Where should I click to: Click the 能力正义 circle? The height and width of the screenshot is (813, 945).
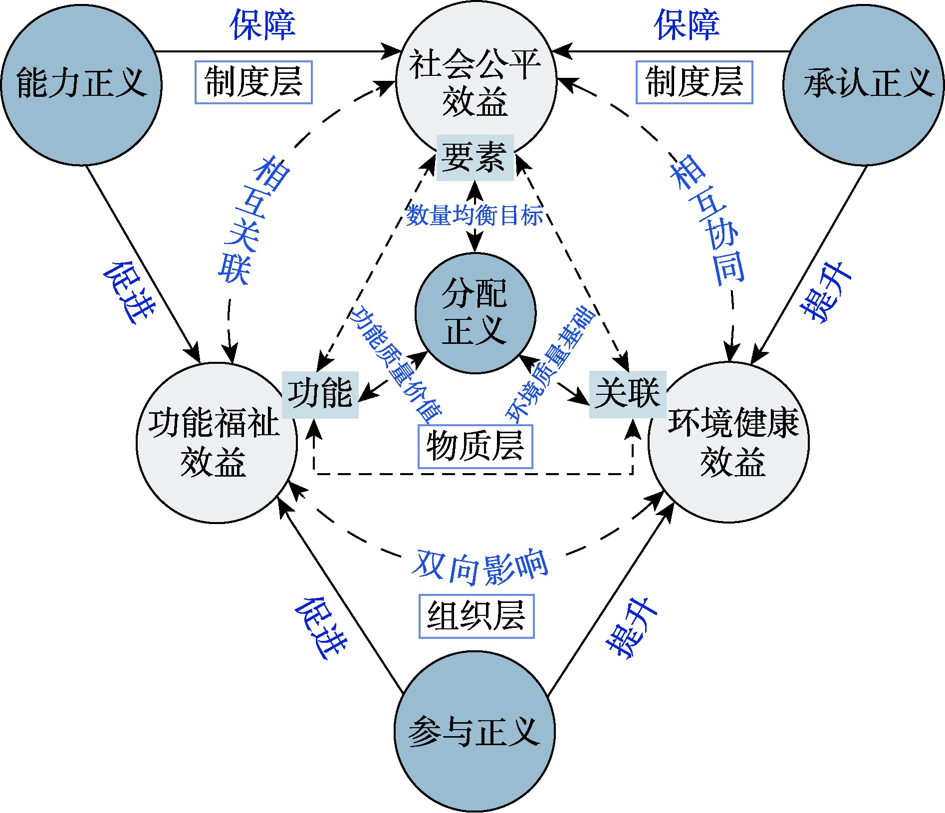click(x=81, y=84)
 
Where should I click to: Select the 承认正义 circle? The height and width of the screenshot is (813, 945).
click(x=864, y=84)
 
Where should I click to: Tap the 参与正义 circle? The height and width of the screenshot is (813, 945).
click(x=474, y=732)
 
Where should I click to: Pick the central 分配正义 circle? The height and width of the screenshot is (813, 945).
click(x=475, y=313)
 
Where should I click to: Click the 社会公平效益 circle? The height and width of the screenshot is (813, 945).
click(x=475, y=80)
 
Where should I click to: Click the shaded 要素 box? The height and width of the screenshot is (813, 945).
click(x=474, y=157)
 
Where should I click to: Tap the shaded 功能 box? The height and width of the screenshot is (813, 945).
click(x=320, y=394)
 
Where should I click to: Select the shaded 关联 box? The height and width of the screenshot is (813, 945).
click(x=627, y=394)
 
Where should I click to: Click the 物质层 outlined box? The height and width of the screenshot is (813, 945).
click(x=475, y=446)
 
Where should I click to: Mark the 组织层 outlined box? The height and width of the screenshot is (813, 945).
click(x=476, y=616)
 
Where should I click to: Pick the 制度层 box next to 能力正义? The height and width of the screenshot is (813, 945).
click(x=253, y=82)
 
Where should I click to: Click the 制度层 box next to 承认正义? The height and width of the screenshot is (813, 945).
click(x=694, y=82)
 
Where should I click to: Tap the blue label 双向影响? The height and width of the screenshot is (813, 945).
click(x=480, y=567)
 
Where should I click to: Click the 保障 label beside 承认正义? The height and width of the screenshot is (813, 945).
click(x=687, y=25)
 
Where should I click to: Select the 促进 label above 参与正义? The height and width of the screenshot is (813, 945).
click(x=321, y=627)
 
